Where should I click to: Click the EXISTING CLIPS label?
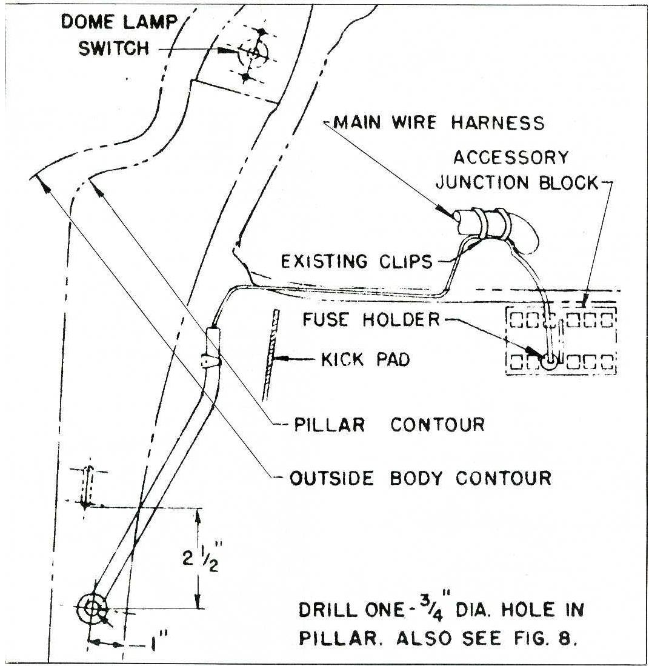point(357,261)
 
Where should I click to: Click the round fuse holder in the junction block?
point(550,362)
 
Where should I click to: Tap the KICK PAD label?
point(364,359)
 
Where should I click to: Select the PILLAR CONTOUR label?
point(389,424)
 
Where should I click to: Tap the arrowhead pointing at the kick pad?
point(279,359)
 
